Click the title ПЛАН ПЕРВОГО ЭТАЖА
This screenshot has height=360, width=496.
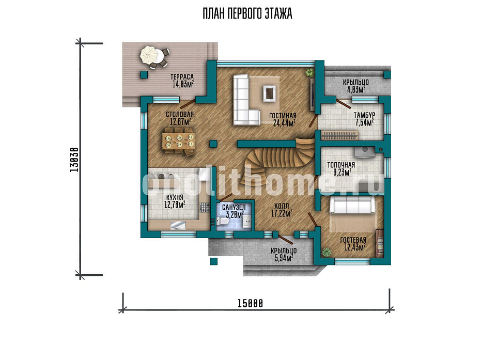pyautogui.click(x=247, y=14)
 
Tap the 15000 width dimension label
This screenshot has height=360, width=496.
pyautogui.click(x=250, y=303)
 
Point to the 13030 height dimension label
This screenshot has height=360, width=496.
pyautogui.click(x=74, y=160)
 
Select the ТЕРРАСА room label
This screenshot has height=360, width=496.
pyautogui.click(x=182, y=77)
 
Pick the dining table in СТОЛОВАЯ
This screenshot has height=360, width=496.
pyautogui.click(x=178, y=141)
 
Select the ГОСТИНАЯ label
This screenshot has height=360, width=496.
pyautogui.click(x=283, y=116)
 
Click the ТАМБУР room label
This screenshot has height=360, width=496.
pyautogui.click(x=364, y=115)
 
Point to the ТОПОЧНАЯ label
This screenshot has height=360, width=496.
pyautogui.click(x=341, y=165)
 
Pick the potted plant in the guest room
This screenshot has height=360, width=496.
pyautogui.click(x=326, y=253)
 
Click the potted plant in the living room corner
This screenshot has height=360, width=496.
pyautogui.click(x=309, y=72)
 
